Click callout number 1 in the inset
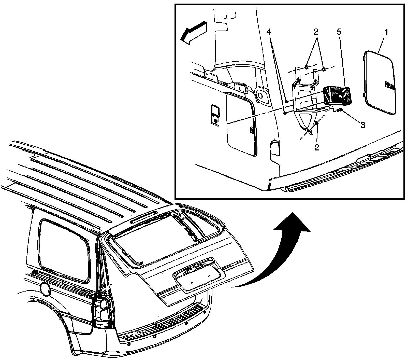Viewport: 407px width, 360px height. tap(386, 33)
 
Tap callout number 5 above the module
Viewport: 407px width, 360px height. tap(339, 32)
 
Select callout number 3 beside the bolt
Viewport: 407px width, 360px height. tap(362, 125)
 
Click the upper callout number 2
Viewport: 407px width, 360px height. tap(316, 32)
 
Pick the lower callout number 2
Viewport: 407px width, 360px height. tap(316, 147)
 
